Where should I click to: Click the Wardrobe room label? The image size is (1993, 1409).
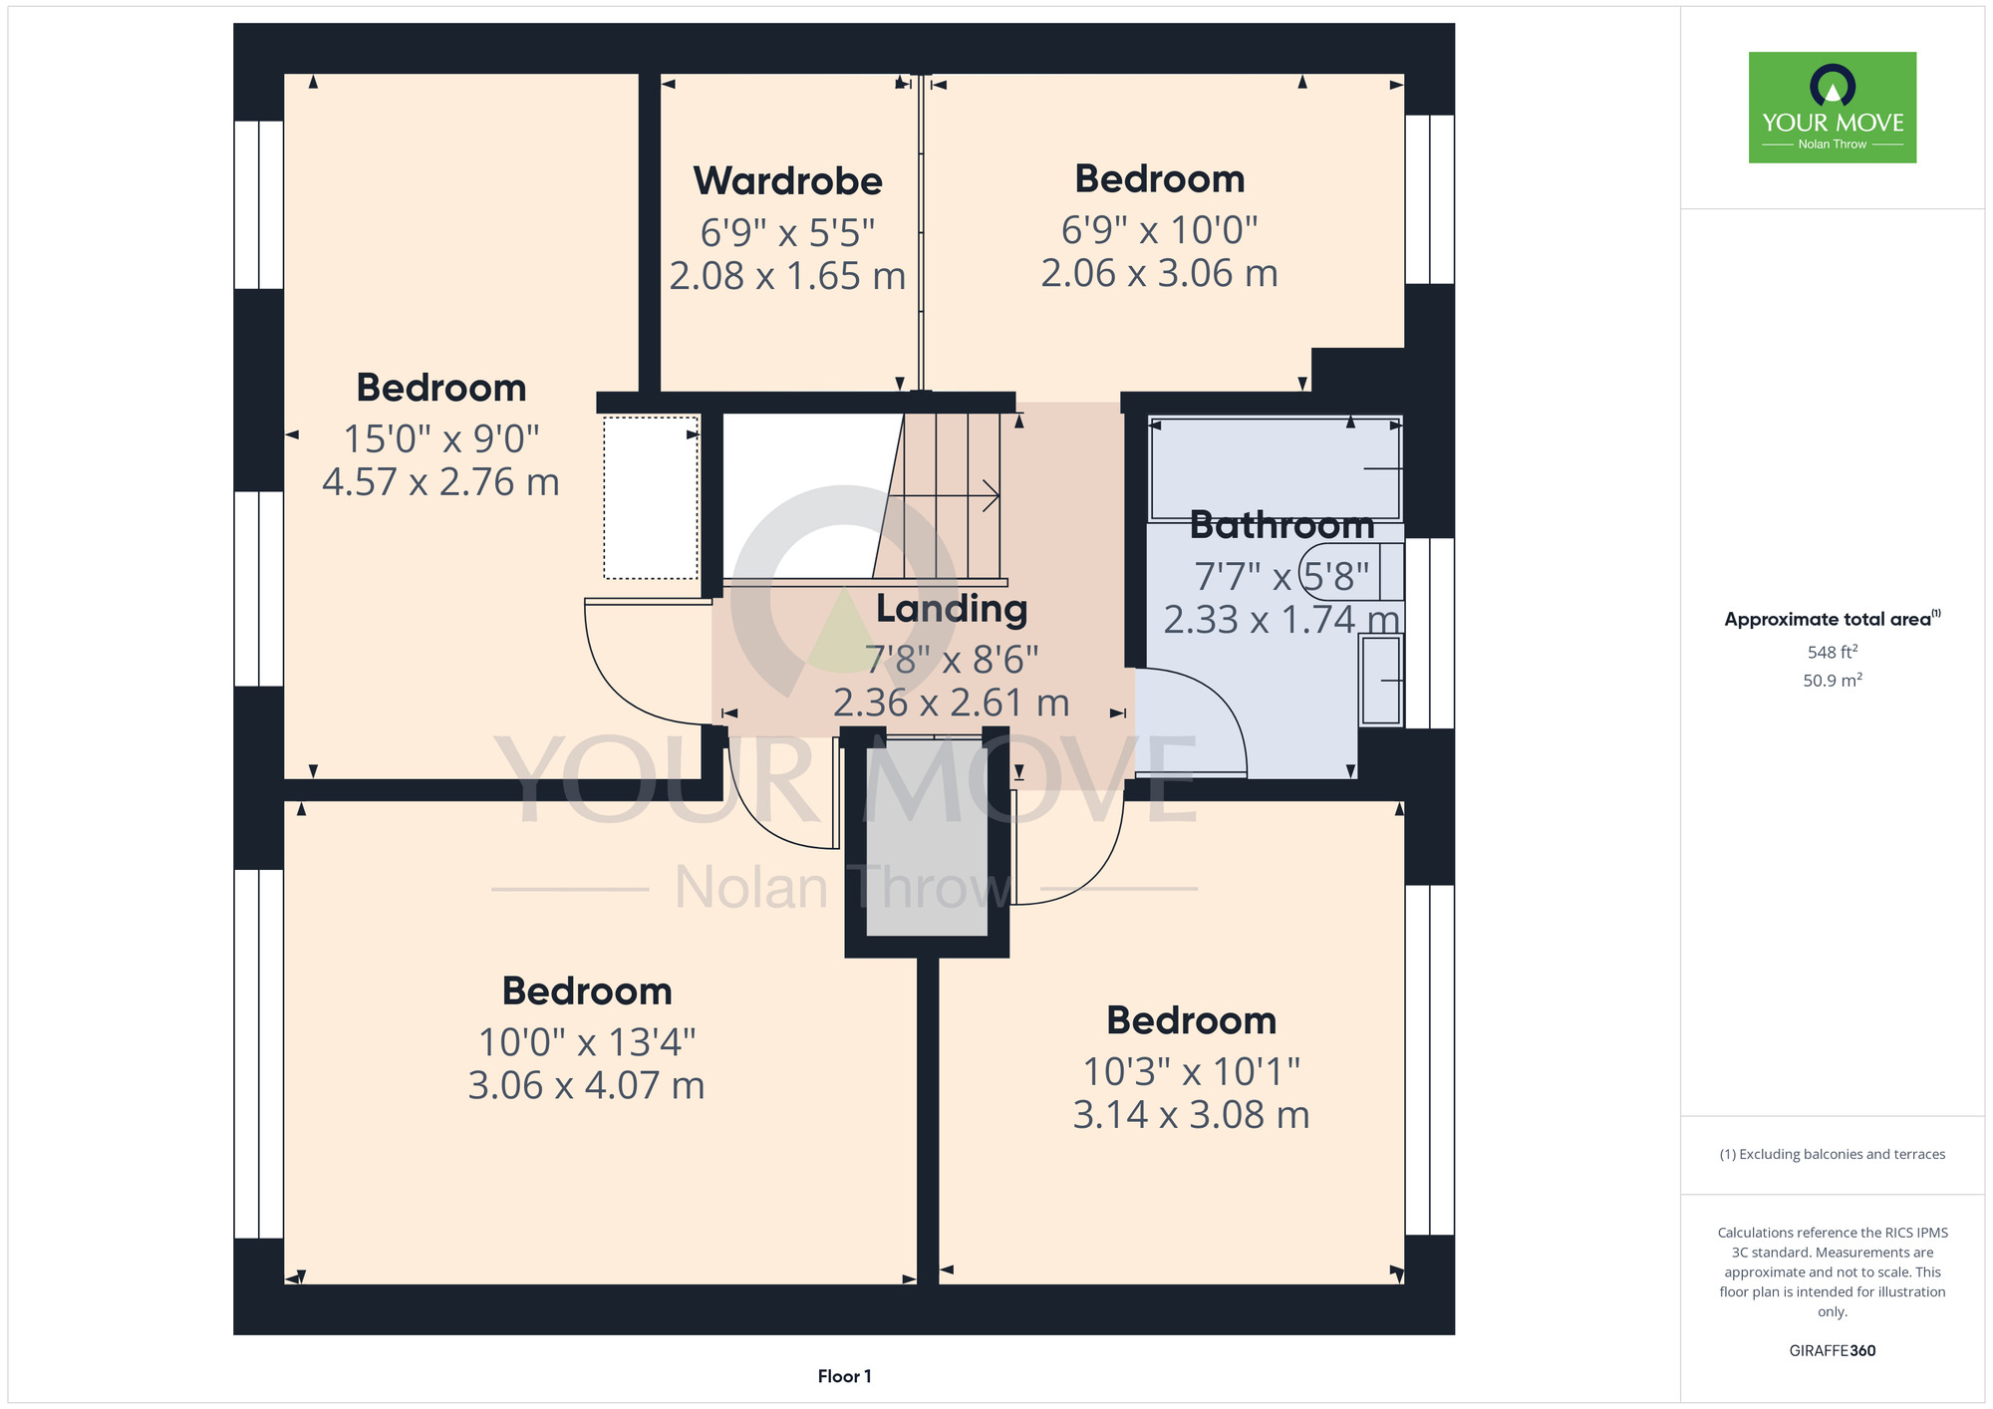[787, 181]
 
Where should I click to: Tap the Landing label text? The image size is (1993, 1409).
[952, 609]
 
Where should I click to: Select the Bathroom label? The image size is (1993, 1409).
[1281, 524]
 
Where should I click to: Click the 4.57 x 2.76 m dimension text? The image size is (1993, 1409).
[440, 482]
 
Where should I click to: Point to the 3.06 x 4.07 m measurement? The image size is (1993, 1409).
[586, 1085]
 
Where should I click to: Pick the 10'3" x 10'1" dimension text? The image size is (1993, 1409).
[1191, 1072]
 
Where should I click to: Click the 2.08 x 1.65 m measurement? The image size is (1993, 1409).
[787, 276]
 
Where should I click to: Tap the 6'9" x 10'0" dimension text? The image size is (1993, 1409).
[1159, 230]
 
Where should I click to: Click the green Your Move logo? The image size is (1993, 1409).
[1833, 108]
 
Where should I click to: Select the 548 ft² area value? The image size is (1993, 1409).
[1833, 652]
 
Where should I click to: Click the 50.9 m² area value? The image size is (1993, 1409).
[1833, 681]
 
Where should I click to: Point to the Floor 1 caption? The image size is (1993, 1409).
[844, 1376]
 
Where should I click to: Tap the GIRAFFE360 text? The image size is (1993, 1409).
[1833, 1351]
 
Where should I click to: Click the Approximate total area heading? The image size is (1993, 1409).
[1833, 619]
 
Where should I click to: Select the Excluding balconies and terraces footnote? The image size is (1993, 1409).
[1833, 1154]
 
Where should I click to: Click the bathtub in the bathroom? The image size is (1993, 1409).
[1276, 469]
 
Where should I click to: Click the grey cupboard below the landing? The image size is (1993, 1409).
[927, 837]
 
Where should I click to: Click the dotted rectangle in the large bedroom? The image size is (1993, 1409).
[651, 497]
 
